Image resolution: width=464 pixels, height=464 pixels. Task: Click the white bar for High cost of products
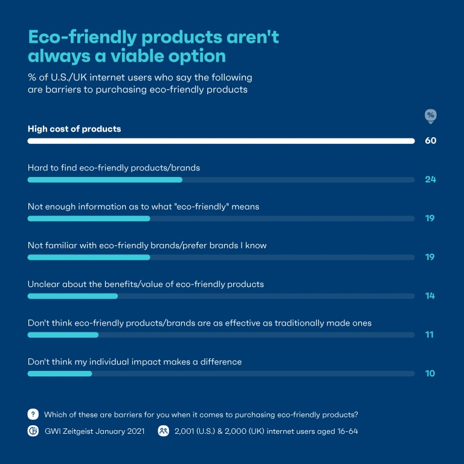click(x=221, y=141)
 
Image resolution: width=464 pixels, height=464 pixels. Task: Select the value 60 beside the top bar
click(x=430, y=141)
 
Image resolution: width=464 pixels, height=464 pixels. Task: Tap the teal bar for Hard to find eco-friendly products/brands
click(x=105, y=179)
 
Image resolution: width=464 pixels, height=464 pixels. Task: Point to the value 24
click(x=430, y=179)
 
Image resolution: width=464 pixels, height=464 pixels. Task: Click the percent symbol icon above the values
click(x=430, y=115)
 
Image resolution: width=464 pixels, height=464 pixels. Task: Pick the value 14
click(x=430, y=296)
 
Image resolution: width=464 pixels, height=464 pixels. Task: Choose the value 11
click(x=430, y=335)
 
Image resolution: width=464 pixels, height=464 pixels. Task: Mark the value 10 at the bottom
click(x=430, y=373)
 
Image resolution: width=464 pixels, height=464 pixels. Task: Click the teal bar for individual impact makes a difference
click(x=60, y=373)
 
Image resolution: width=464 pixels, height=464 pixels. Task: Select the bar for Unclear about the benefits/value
click(x=72, y=296)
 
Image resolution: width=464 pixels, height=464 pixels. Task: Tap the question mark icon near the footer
click(x=33, y=414)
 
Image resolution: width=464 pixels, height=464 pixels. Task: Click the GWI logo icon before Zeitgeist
click(x=33, y=431)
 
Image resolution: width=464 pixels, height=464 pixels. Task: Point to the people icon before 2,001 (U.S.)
click(x=163, y=431)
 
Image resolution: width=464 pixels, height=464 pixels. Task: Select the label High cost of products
click(x=74, y=129)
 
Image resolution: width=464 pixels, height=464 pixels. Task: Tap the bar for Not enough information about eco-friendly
click(x=89, y=218)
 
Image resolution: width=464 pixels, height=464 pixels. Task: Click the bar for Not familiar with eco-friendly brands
click(x=89, y=257)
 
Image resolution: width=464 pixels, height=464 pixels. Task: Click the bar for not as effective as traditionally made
click(x=63, y=335)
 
